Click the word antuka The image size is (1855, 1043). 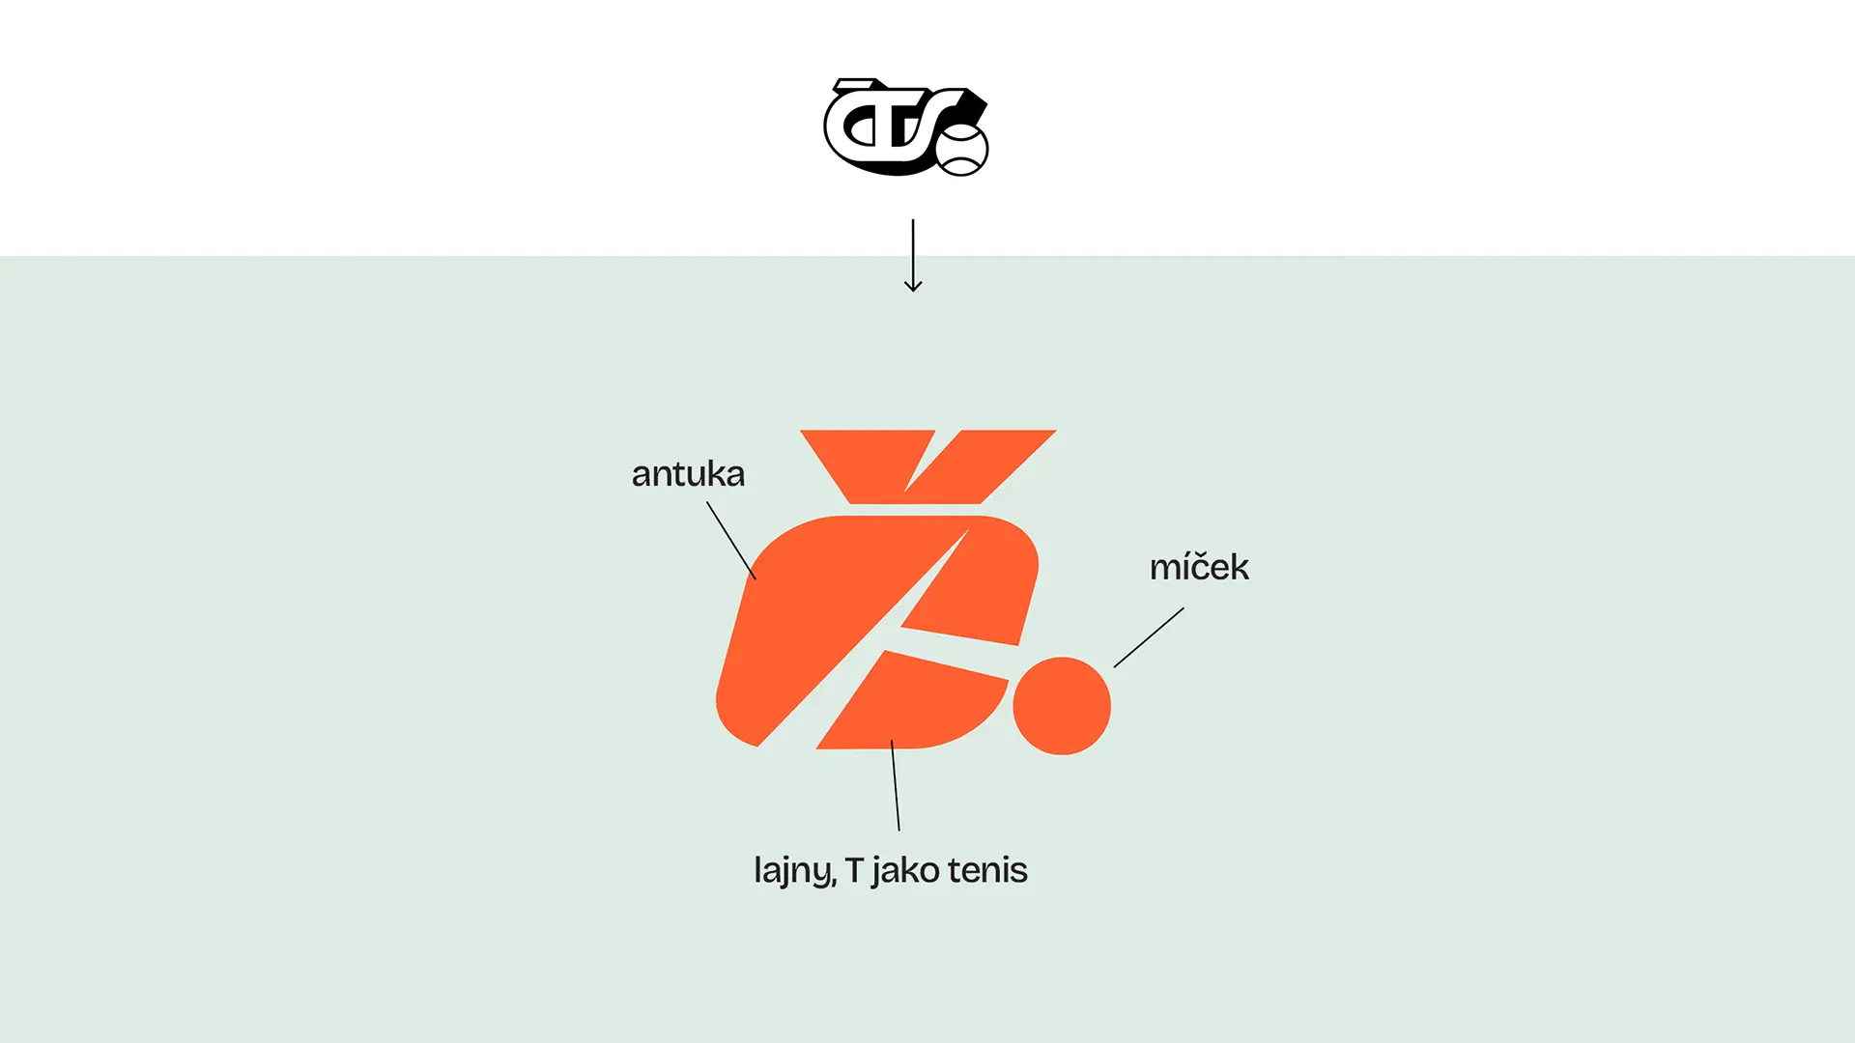(688, 474)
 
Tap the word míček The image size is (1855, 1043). (1199, 567)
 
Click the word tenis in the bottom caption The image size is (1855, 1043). (987, 870)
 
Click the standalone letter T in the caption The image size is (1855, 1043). (854, 870)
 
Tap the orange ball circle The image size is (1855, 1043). (1062, 706)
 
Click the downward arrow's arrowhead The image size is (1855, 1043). (913, 285)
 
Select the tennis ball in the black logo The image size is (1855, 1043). (961, 150)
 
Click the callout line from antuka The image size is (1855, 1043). (731, 540)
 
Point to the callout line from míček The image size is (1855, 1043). (1149, 637)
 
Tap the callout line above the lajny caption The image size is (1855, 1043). (895, 785)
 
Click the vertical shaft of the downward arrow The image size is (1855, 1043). (913, 253)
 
